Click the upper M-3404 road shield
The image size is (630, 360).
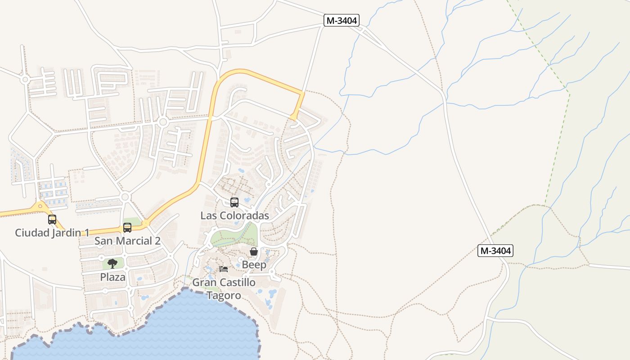(x=342, y=20)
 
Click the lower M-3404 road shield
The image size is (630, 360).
(x=495, y=251)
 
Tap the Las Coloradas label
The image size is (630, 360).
(x=234, y=216)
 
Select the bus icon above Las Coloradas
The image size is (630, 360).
(x=234, y=202)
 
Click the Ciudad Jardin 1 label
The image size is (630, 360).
(x=52, y=233)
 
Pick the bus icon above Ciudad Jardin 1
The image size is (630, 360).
(x=52, y=220)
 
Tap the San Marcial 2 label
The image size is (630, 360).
(x=127, y=241)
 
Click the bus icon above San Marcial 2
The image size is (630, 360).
(x=127, y=228)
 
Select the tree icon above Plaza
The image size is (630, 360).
(x=112, y=264)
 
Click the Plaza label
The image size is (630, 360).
(x=112, y=277)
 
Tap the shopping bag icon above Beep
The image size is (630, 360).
(x=254, y=252)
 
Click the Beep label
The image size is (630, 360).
(x=254, y=265)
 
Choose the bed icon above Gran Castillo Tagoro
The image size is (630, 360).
(x=224, y=269)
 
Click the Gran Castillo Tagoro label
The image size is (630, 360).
(x=224, y=289)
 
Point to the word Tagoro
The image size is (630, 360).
(x=224, y=296)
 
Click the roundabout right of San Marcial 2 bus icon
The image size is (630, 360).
(x=145, y=223)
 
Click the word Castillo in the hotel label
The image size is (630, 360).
(x=237, y=283)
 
